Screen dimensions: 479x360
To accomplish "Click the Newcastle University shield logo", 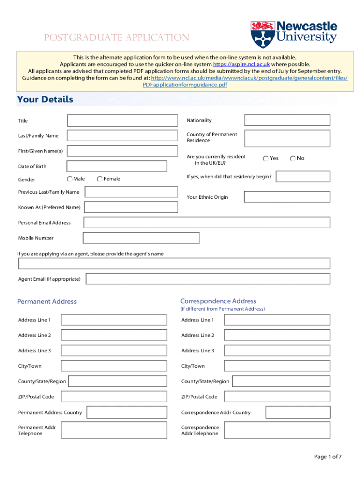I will pyautogui.click(x=262, y=35).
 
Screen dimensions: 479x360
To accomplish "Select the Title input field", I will pyautogui.click(x=122, y=121).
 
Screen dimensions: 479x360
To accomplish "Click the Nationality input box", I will pyautogui.click(x=287, y=120).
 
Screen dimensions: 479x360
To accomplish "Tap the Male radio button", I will pyautogui.click(x=70, y=179).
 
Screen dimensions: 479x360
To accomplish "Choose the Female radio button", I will pyautogui.click(x=100, y=179).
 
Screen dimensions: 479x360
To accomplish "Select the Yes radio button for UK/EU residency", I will pyautogui.click(x=266, y=158).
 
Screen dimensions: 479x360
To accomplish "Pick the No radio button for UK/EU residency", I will pyautogui.click(x=293, y=158).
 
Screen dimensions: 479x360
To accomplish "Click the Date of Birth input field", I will pyautogui.click(x=117, y=166).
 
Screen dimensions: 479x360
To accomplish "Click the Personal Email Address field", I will pyautogui.click(x=207, y=223).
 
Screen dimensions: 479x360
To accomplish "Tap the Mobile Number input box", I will pyautogui.click(x=141, y=238).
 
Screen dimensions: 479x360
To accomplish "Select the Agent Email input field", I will pyautogui.click(x=208, y=279).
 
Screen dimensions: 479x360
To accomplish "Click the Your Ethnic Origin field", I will pyautogui.click(x=287, y=197).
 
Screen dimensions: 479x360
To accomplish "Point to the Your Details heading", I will pyautogui.click(x=45, y=99).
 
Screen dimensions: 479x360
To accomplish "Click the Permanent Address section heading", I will pyautogui.click(x=47, y=301).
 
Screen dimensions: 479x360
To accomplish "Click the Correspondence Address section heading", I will pyautogui.click(x=218, y=301).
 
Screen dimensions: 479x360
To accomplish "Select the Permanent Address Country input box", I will pyautogui.click(x=127, y=412).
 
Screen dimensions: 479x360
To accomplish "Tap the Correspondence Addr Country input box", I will pyautogui.click(x=298, y=412).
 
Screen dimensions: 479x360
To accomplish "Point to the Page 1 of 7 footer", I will pyautogui.click(x=328, y=457).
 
